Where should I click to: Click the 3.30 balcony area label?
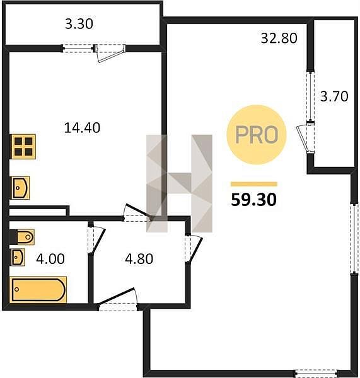(79, 24)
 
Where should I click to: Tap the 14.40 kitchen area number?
(82, 128)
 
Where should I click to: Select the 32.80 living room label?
(279, 38)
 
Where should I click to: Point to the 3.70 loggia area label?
(334, 96)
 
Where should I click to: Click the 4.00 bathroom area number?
(50, 259)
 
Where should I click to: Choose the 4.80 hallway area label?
(139, 259)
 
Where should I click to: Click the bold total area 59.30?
(253, 200)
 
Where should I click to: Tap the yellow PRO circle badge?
(256, 135)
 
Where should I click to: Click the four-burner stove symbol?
(23, 147)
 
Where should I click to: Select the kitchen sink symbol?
(21, 188)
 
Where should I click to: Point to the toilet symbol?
(22, 237)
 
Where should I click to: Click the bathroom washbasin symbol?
(18, 257)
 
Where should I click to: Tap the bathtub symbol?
(38, 290)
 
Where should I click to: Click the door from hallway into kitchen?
(137, 213)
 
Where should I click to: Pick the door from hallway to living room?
(193, 248)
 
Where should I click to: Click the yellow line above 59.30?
(254, 184)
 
